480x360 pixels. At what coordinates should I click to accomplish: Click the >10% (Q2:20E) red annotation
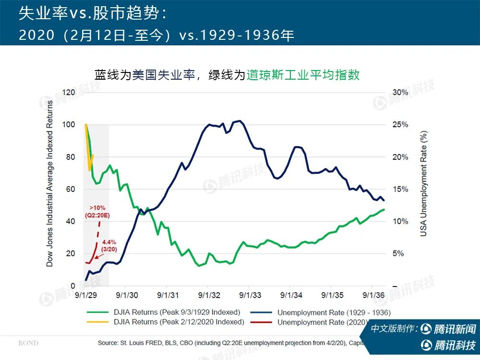[97, 212]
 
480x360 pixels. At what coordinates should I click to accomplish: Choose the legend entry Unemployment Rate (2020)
[322, 322]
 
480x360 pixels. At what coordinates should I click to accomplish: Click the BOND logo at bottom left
[28, 344]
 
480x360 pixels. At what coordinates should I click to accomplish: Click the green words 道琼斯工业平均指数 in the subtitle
[303, 75]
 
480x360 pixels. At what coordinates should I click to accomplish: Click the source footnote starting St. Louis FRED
[230, 343]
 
